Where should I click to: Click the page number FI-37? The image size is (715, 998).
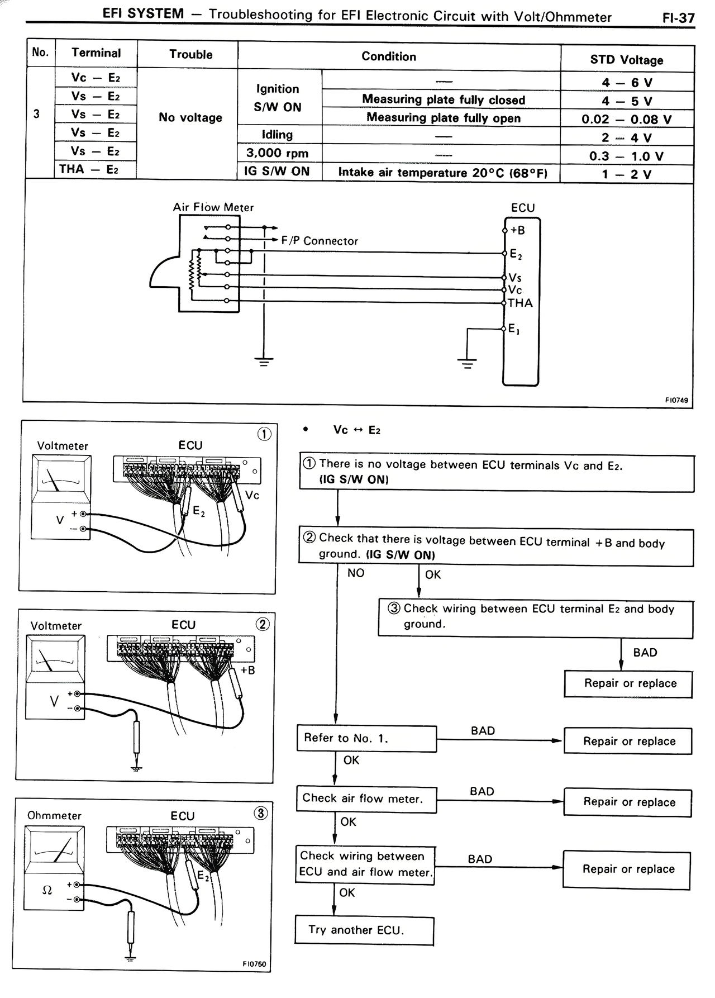(x=678, y=18)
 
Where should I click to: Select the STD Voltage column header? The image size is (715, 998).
(x=627, y=60)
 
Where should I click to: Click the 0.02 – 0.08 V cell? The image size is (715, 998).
(x=626, y=119)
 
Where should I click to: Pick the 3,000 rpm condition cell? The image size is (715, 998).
(x=278, y=153)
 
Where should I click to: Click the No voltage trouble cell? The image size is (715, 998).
(x=190, y=117)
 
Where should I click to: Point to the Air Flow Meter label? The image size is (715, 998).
(x=213, y=207)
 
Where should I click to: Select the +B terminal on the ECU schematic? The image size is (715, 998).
(x=518, y=230)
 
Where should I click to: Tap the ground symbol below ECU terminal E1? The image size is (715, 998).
(x=467, y=364)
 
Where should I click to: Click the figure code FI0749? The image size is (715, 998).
(x=676, y=400)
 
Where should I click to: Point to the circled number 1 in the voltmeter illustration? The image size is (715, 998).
(x=264, y=434)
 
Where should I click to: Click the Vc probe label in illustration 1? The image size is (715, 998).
(x=252, y=495)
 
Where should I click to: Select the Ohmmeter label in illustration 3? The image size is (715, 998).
(x=54, y=815)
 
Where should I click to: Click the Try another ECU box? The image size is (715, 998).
(x=364, y=930)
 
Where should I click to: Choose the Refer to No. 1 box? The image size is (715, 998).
(x=366, y=738)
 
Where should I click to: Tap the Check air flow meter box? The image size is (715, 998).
(x=366, y=799)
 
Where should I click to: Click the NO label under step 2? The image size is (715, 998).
(x=355, y=573)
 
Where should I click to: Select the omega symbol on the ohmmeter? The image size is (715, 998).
(x=47, y=891)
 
